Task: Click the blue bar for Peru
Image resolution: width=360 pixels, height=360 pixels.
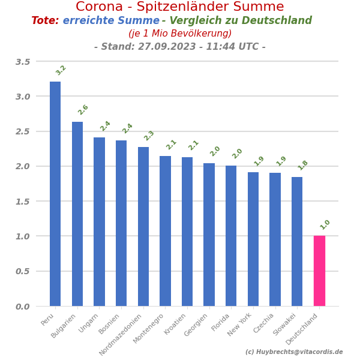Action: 55,194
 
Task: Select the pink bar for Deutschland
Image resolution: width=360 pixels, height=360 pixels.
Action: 319,271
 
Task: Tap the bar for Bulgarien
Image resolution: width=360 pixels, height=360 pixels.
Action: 77,214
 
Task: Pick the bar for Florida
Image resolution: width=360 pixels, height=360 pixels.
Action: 231,236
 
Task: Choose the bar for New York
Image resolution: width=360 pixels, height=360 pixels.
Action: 253,239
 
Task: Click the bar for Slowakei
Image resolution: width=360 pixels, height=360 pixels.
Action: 297,241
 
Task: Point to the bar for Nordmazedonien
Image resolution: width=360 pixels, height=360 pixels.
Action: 143,226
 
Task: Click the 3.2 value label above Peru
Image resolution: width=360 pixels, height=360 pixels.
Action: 61,70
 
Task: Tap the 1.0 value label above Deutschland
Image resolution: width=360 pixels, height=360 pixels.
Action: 325,224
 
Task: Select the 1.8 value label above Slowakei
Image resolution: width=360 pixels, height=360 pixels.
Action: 303,165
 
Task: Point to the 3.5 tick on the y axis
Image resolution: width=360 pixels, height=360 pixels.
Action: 23,62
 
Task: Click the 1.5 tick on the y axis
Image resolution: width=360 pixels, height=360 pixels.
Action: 23,202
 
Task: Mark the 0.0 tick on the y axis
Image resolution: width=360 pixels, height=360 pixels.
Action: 23,307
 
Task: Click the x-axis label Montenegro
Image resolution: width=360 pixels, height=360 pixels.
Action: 149,328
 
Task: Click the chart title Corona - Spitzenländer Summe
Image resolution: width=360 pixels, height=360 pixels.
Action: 180,7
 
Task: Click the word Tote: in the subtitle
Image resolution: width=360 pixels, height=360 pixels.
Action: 45,21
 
